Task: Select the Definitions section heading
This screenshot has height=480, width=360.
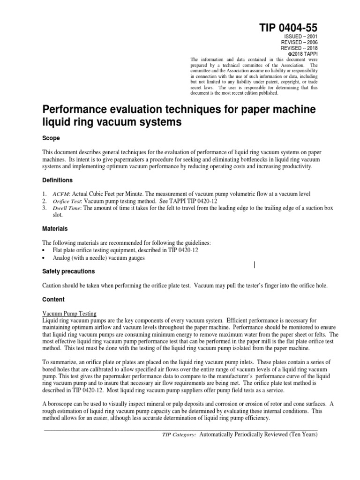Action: pyautogui.click(x=58, y=180)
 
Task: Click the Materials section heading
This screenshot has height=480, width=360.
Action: pyautogui.click(x=55, y=229)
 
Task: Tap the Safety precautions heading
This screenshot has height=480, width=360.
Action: pyautogui.click(x=68, y=271)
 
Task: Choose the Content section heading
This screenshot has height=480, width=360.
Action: pyautogui.click(x=53, y=300)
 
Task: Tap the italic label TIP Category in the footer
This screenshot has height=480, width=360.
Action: pyautogui.click(x=179, y=435)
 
